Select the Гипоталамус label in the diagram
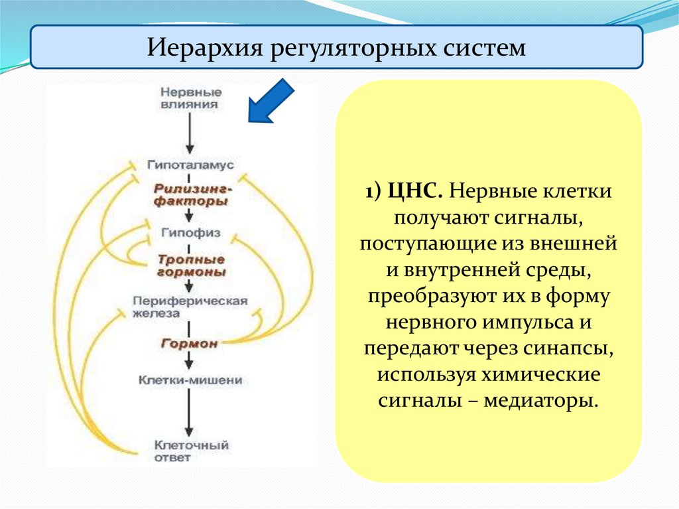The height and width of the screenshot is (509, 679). coord(190,163)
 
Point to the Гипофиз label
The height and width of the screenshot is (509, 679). coord(190,234)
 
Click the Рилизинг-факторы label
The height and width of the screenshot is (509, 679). coord(191,194)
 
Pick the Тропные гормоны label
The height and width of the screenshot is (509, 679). coord(191,265)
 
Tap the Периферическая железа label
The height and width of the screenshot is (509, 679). coord(190,307)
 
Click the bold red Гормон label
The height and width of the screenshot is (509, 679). coord(189,343)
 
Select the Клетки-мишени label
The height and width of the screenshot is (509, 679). coord(190,381)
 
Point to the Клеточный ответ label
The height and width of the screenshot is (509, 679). coord(190,451)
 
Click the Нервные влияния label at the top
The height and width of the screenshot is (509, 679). coord(191,98)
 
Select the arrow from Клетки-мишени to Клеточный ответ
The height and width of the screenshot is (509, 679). coord(190,413)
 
